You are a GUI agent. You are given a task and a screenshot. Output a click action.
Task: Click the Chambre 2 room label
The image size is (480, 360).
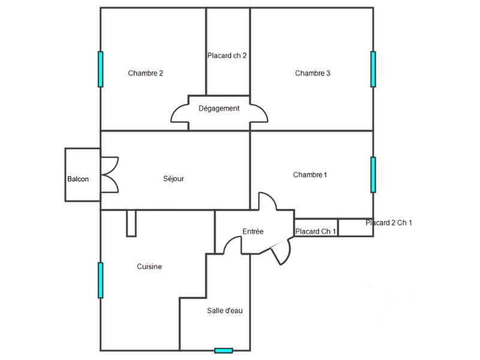146,73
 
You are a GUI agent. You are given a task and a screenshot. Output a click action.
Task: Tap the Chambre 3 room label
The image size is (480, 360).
313,73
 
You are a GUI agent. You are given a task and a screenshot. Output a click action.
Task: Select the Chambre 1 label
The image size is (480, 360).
310,175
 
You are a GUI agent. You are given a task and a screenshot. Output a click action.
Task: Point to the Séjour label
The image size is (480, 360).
173,179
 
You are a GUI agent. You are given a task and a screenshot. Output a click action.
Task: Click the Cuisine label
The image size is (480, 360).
149,267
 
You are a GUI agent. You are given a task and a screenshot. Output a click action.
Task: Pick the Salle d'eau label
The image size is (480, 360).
225,310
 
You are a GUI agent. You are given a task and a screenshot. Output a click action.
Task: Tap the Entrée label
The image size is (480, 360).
253,232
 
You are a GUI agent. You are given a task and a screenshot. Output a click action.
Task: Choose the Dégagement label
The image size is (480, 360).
219,109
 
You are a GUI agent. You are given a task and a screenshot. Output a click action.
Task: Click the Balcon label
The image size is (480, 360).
79,179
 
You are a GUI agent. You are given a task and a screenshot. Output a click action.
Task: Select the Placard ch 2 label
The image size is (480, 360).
227,55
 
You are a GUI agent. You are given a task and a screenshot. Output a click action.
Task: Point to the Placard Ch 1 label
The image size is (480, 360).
316,232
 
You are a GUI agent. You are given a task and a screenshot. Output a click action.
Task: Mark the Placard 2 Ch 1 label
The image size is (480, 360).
389,223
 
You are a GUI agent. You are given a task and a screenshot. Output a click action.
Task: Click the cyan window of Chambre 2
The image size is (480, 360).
101,69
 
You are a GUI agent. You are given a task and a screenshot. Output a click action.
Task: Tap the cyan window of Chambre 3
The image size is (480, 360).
373,69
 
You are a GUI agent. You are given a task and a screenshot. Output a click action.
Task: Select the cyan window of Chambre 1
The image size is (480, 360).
373,175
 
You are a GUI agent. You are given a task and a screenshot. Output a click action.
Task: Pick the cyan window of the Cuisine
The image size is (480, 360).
101,280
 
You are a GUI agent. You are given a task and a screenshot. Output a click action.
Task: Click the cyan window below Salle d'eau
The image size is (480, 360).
224,350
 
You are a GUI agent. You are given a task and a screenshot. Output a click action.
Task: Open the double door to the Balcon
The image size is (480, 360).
109,175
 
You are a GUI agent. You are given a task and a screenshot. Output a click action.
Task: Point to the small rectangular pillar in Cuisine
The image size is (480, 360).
132,223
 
